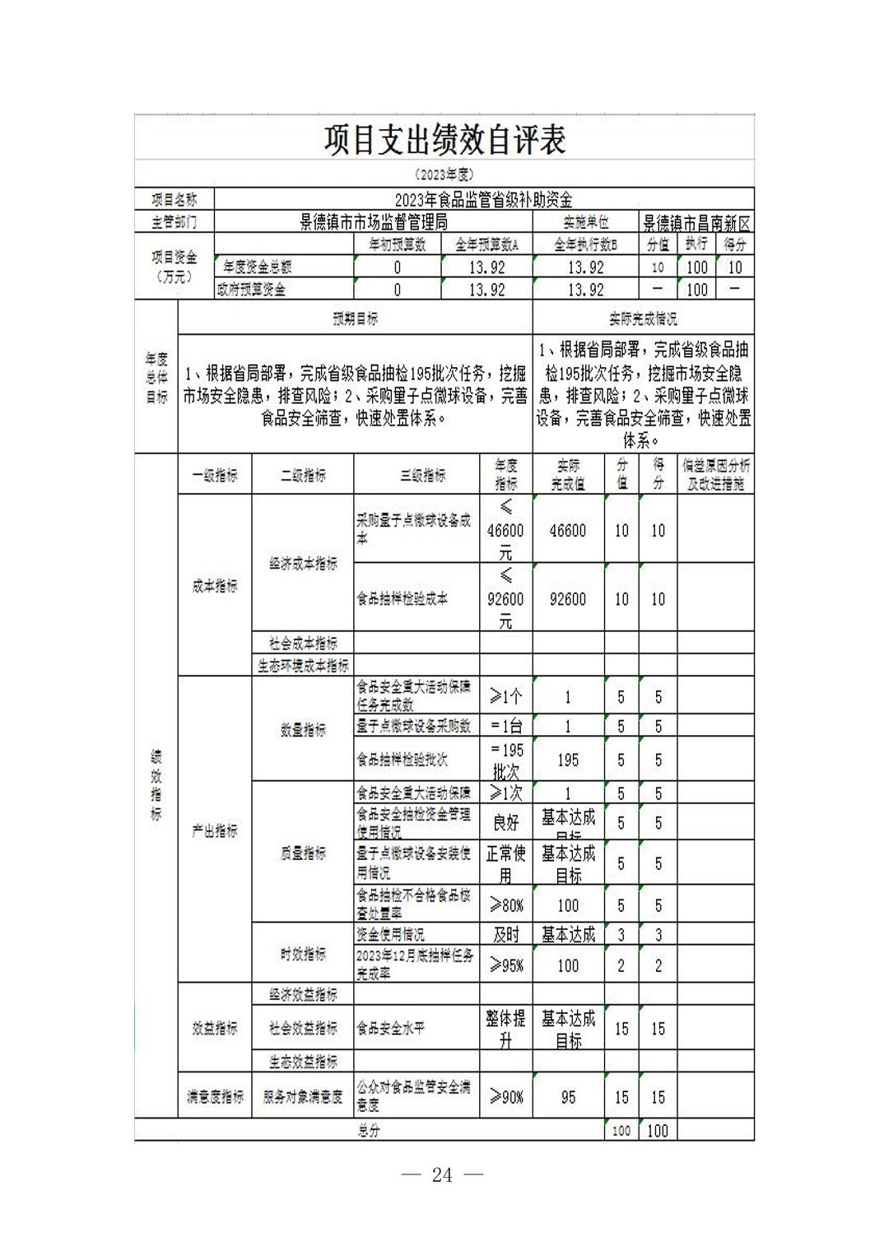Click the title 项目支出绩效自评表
click(444, 140)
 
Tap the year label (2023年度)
click(444, 174)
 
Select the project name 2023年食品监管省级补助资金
click(483, 200)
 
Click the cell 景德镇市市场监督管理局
click(373, 222)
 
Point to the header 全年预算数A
click(487, 244)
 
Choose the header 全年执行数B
click(585, 244)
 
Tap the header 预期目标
click(355, 319)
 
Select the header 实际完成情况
click(643, 319)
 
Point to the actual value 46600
click(568, 531)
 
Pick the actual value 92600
click(568, 599)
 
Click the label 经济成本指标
click(303, 564)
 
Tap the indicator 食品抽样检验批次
click(402, 760)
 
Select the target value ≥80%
click(506, 905)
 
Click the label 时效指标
click(303, 954)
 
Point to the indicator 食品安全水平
click(390, 1028)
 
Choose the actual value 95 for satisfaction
click(568, 1097)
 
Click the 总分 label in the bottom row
click(369, 1131)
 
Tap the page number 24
click(442, 1175)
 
